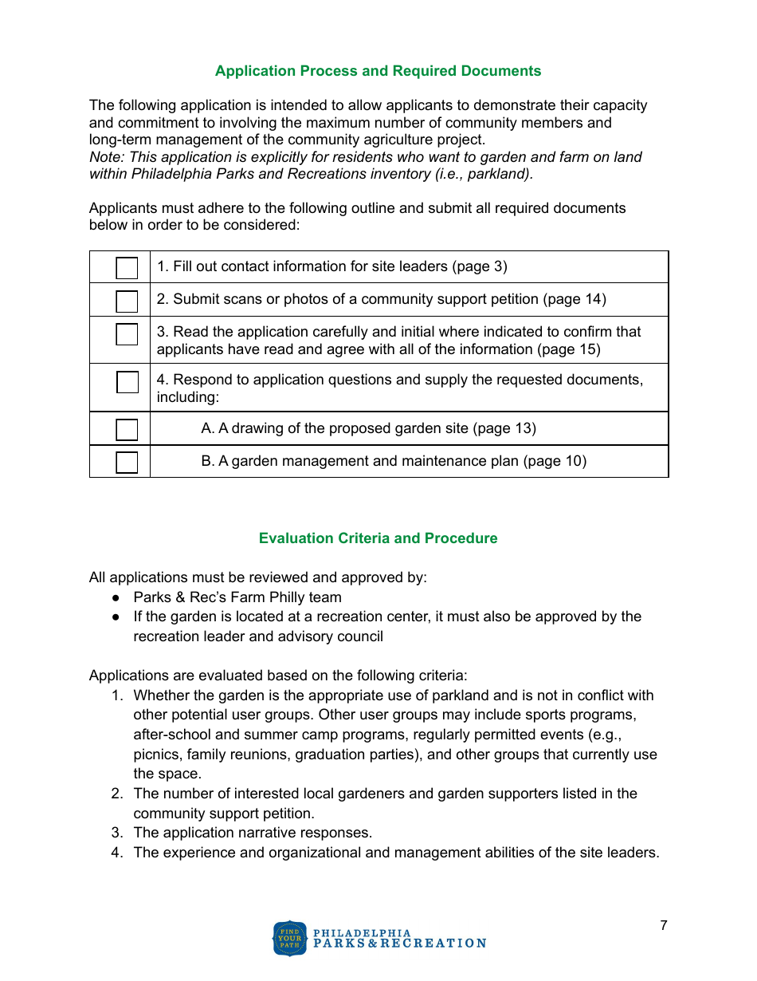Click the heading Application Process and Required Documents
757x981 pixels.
point(378,71)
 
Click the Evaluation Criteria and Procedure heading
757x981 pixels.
point(378,538)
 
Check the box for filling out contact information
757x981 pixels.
point(127,267)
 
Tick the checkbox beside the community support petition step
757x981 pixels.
point(127,301)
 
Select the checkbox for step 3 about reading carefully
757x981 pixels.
point(127,333)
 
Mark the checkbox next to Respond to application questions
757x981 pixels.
point(127,382)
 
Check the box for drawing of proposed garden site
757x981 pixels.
point(127,429)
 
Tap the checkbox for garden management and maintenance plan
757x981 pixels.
point(127,462)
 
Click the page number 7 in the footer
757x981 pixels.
point(663,925)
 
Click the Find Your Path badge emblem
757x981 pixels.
point(289,938)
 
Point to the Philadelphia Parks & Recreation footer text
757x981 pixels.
point(398,938)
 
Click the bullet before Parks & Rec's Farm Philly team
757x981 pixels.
point(116,597)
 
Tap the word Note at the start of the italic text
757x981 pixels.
point(104,157)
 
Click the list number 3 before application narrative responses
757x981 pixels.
point(116,833)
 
